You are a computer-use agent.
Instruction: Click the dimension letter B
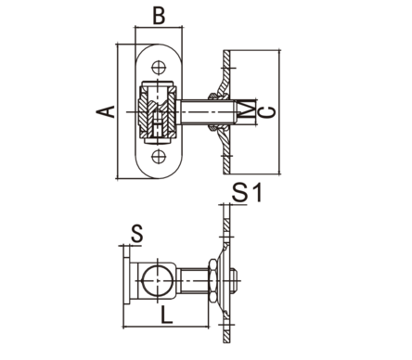point(159,16)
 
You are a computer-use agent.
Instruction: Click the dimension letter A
point(106,111)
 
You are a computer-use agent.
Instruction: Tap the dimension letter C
point(267,112)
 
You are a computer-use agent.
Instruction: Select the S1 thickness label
point(247,193)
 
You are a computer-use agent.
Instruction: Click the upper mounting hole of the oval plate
point(159,68)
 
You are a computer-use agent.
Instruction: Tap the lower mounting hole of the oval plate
point(159,157)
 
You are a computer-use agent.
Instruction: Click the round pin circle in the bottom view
point(158,280)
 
